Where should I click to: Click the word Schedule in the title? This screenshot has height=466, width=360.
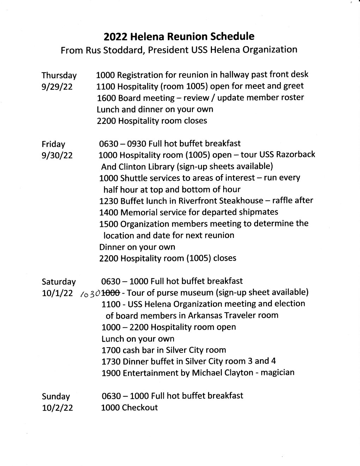232,36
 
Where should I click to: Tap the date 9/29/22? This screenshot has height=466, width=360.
57,87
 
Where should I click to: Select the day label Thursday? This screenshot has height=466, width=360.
59,75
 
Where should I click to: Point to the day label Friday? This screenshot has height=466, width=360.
53,144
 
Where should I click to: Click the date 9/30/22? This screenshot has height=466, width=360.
57,155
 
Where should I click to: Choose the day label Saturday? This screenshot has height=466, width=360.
59,282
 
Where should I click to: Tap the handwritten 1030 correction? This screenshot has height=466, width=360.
90,293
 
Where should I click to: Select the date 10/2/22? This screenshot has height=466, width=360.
57,408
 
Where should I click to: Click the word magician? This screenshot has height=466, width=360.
277,373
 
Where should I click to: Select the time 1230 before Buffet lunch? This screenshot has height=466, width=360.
109,201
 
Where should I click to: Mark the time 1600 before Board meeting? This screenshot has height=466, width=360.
106,98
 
